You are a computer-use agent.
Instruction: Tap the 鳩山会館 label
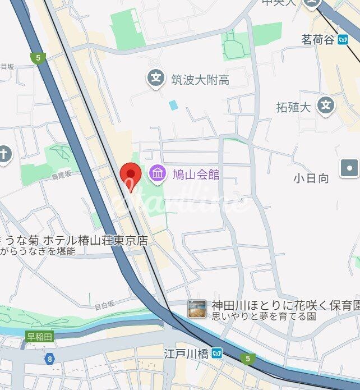click(196, 174)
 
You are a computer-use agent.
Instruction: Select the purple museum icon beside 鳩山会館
click(158, 173)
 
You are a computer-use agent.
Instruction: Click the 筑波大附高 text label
click(200, 80)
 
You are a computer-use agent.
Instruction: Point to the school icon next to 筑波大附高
click(156, 77)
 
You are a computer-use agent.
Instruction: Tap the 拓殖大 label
click(293, 107)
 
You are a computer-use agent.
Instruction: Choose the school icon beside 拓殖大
click(325, 104)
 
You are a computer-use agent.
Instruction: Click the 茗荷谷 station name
click(317, 40)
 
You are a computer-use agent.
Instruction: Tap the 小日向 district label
click(311, 178)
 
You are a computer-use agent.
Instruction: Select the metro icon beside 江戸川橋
click(216, 354)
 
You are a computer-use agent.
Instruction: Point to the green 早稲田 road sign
click(40, 337)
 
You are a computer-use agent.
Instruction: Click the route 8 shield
click(50, 357)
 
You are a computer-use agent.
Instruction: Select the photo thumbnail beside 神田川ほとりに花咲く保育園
click(197, 309)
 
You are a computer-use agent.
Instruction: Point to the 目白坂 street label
click(104, 305)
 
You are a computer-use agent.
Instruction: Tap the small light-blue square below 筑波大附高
click(173, 105)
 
